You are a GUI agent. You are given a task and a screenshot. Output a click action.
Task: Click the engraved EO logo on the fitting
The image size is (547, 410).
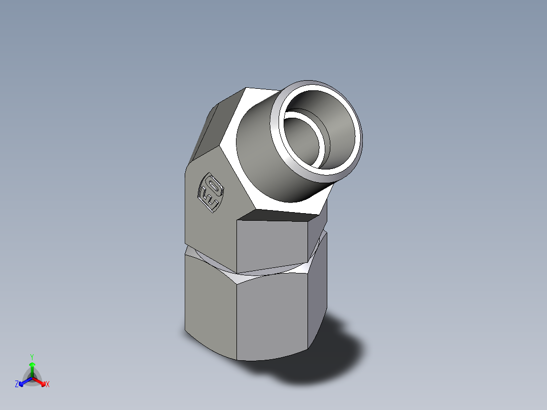point(211,193)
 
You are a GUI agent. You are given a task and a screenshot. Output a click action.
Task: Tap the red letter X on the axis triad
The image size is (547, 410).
point(48,385)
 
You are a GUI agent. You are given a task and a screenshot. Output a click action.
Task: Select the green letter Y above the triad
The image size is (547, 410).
point(32,356)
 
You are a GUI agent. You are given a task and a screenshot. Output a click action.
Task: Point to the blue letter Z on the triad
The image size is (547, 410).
point(17,385)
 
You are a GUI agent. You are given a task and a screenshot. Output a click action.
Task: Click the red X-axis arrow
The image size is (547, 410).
point(41,381)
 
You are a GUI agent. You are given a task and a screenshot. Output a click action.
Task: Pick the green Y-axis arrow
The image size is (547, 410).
point(32,367)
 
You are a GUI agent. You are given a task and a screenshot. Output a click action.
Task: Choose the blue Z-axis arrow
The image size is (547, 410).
point(23,381)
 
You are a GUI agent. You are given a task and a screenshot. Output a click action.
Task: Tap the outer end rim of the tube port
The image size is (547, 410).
point(355,152)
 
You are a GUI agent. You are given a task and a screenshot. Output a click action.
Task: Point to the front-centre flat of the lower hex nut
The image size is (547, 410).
point(271,315)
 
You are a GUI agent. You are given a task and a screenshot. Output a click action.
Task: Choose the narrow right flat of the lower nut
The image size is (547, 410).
point(317,289)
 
